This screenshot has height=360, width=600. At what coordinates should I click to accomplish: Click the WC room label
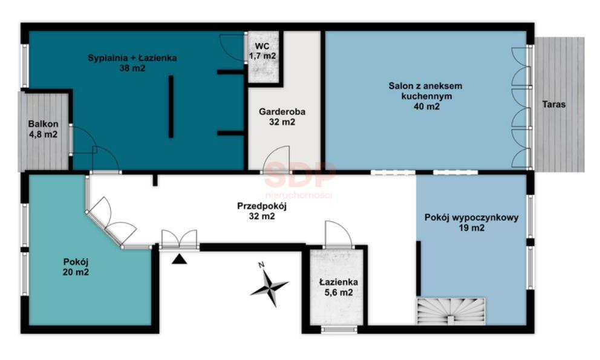point(262,51)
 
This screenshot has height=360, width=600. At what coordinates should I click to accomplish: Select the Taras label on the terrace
point(554,104)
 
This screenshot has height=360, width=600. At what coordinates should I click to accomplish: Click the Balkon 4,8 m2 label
point(42,130)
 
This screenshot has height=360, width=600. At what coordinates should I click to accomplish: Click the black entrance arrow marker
point(179,260)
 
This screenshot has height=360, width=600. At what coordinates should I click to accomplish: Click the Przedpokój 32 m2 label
point(261,211)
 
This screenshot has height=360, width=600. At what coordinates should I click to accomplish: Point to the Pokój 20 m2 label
point(76,267)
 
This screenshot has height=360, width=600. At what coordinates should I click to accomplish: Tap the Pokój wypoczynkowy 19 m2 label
point(471,223)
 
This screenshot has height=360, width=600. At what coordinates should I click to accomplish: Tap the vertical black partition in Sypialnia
point(171,106)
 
